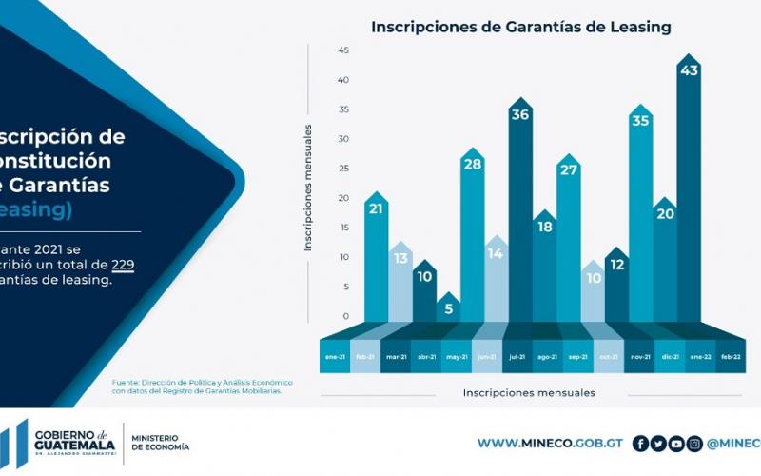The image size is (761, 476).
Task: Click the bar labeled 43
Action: tap(689, 190)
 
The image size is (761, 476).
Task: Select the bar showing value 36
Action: tap(520, 209)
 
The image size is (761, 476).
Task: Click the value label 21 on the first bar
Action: tap(376, 208)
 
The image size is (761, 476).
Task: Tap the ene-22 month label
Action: tap(699, 356)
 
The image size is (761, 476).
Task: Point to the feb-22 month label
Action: tap(730, 356)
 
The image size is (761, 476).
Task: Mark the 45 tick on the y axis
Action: tap(343, 50)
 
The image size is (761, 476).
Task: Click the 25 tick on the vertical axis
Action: tap(343, 169)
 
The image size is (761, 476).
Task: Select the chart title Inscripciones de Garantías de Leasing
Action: tap(520, 27)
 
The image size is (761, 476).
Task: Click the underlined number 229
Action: tap(123, 264)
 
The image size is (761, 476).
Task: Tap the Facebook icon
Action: tap(640, 443)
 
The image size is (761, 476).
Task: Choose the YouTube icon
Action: tap(676, 443)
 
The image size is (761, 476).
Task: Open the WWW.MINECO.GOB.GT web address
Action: tap(550, 443)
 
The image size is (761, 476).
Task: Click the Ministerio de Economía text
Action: tap(160, 442)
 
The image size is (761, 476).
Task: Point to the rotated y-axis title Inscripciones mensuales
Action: tap(308, 188)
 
